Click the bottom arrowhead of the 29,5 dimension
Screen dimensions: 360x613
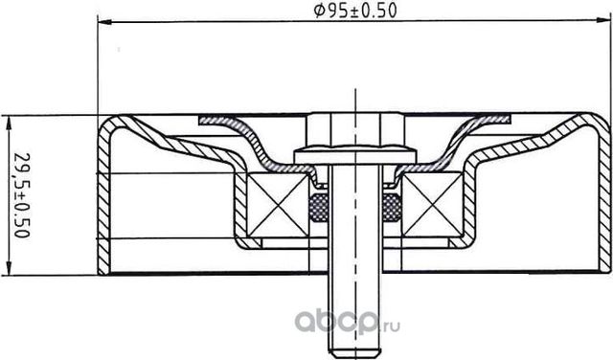click(x=10, y=271)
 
